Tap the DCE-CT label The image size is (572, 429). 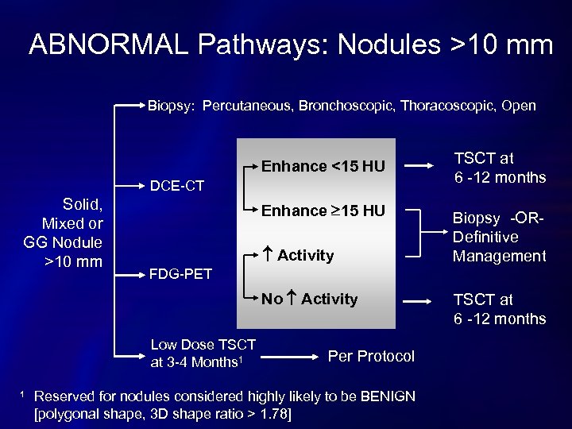[x=177, y=186]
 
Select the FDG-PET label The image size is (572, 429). [x=181, y=274]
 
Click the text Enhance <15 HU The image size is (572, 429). [x=323, y=166]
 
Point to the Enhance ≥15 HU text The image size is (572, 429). [x=323, y=211]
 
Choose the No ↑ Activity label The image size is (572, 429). [x=310, y=299]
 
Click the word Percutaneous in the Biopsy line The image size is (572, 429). [x=248, y=106]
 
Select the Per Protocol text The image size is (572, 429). [x=371, y=356]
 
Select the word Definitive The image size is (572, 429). [x=485, y=237]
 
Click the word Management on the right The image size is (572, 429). [x=499, y=256]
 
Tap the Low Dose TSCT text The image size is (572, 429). [x=203, y=345]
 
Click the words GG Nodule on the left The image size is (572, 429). [x=63, y=242]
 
